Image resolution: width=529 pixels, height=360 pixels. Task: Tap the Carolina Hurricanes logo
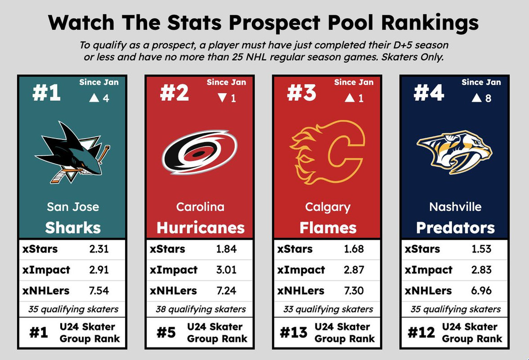pyautogui.click(x=200, y=153)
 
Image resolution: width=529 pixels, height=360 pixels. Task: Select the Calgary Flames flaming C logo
pyautogui.click(x=327, y=152)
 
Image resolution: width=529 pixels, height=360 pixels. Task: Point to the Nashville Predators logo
pyautogui.click(x=454, y=152)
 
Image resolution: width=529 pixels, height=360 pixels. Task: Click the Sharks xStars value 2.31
pyautogui.click(x=99, y=249)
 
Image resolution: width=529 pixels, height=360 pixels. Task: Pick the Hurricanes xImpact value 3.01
pyautogui.click(x=226, y=270)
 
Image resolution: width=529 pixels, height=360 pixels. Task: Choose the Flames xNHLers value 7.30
pyautogui.click(x=354, y=291)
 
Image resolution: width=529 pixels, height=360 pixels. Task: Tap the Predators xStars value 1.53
pyautogui.click(x=481, y=249)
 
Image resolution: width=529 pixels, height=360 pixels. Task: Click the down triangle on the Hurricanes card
pyautogui.click(x=222, y=98)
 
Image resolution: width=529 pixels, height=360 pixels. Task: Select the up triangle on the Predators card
pyautogui.click(x=477, y=98)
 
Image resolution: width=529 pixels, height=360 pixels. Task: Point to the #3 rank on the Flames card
pyautogui.click(x=301, y=92)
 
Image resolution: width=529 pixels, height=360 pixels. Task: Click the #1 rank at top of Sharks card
pyautogui.click(x=46, y=92)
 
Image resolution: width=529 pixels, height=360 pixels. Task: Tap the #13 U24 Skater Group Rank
pyautogui.click(x=293, y=333)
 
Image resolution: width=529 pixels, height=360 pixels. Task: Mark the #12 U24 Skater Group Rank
pyautogui.click(x=421, y=333)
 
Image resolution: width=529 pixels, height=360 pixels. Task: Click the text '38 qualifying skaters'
pyautogui.click(x=201, y=310)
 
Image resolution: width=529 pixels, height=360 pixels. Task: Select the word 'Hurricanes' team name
pyautogui.click(x=201, y=228)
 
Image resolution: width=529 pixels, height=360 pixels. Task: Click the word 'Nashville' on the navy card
pyautogui.click(x=455, y=207)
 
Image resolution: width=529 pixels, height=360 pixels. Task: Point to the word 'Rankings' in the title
pyautogui.click(x=430, y=23)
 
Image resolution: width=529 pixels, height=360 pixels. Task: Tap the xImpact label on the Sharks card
pyautogui.click(x=46, y=270)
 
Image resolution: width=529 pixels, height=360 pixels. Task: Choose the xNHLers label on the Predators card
pyautogui.click(x=428, y=291)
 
